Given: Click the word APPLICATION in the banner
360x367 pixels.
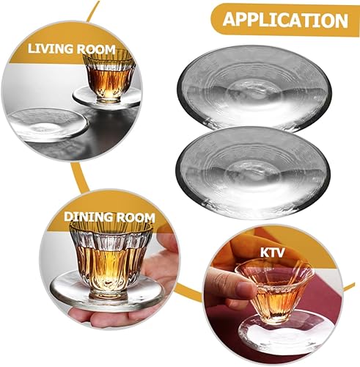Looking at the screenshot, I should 285,19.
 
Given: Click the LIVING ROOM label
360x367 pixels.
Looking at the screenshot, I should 73,50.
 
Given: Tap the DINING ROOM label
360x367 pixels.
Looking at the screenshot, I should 108,217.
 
